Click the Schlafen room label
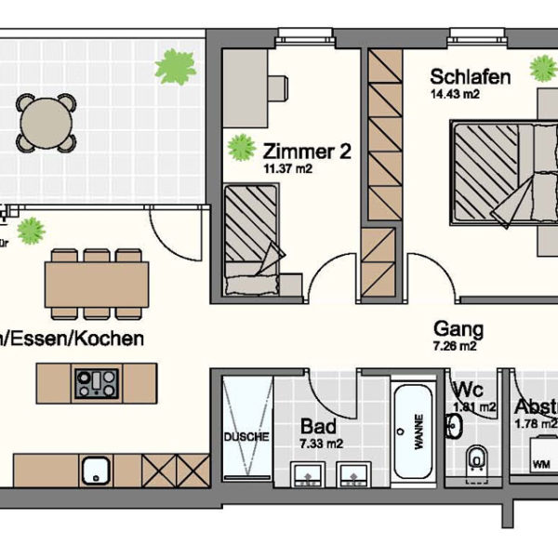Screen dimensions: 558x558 [x=471, y=77]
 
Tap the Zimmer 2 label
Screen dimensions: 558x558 [x=307, y=151]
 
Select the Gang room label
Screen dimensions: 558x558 [x=458, y=328]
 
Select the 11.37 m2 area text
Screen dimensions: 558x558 [x=288, y=168]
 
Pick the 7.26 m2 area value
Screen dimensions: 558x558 [x=456, y=346]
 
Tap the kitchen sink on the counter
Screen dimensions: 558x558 [x=96, y=471]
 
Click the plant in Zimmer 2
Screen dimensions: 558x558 [x=242, y=146]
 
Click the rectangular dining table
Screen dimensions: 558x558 [x=96, y=286]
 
